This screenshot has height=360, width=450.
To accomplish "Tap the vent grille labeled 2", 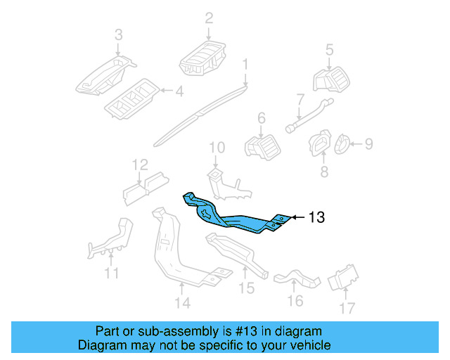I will coord(204,57).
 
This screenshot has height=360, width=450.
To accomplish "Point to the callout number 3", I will coord(118,34).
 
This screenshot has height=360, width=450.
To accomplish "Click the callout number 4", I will coord(179,91).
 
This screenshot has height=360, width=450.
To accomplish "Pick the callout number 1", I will coord(245,65).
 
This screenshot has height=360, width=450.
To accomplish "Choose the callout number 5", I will coord(329,49).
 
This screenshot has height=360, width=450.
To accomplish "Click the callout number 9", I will coord(368,145).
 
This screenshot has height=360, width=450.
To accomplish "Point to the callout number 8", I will coord(324,172).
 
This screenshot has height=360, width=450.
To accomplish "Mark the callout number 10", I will coord(217,148).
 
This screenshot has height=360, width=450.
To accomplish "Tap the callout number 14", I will coord(182,303).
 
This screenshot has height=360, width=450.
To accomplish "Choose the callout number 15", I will coord(245,288).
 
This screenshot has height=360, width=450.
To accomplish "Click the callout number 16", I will coord(295,301).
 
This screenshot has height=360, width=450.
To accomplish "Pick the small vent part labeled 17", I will coord(344,277).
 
